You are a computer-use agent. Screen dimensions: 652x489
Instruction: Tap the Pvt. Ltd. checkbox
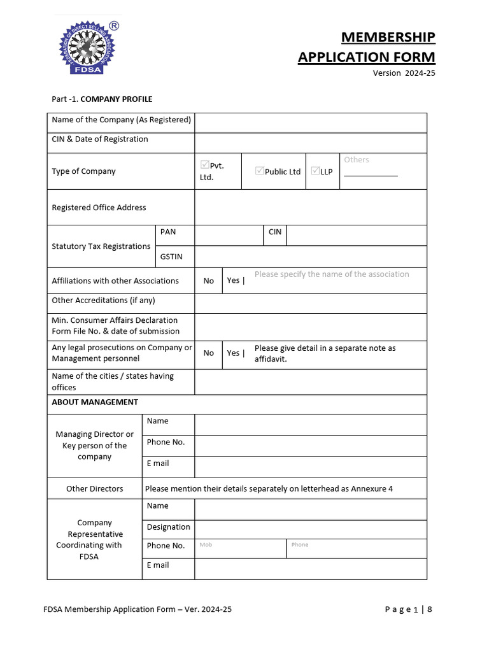[x=204, y=165]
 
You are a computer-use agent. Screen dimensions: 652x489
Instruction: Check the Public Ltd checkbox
[x=259, y=171]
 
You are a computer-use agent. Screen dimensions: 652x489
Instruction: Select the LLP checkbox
[x=315, y=171]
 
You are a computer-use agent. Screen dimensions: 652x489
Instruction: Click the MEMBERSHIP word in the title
[x=388, y=37]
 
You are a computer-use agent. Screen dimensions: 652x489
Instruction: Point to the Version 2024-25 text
[x=404, y=73]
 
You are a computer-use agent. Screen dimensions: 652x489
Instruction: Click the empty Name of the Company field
[x=310, y=123]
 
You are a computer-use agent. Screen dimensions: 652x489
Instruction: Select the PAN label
[x=168, y=232]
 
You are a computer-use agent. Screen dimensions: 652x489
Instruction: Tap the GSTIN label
[x=171, y=257]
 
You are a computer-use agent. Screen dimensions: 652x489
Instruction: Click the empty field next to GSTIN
[x=310, y=257]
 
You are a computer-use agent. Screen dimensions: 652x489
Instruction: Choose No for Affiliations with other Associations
[x=208, y=281]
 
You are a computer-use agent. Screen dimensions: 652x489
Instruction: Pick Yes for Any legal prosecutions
[x=233, y=353]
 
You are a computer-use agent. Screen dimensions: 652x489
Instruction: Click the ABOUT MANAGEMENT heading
[x=95, y=402]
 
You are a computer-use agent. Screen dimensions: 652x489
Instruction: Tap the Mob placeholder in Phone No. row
[x=206, y=545]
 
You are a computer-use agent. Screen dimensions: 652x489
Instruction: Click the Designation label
[x=168, y=527]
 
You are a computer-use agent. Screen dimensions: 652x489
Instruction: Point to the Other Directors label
[x=94, y=488]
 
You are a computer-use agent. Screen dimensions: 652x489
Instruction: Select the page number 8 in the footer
[x=430, y=609]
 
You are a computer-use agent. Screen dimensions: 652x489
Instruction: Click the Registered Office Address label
[x=99, y=208]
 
